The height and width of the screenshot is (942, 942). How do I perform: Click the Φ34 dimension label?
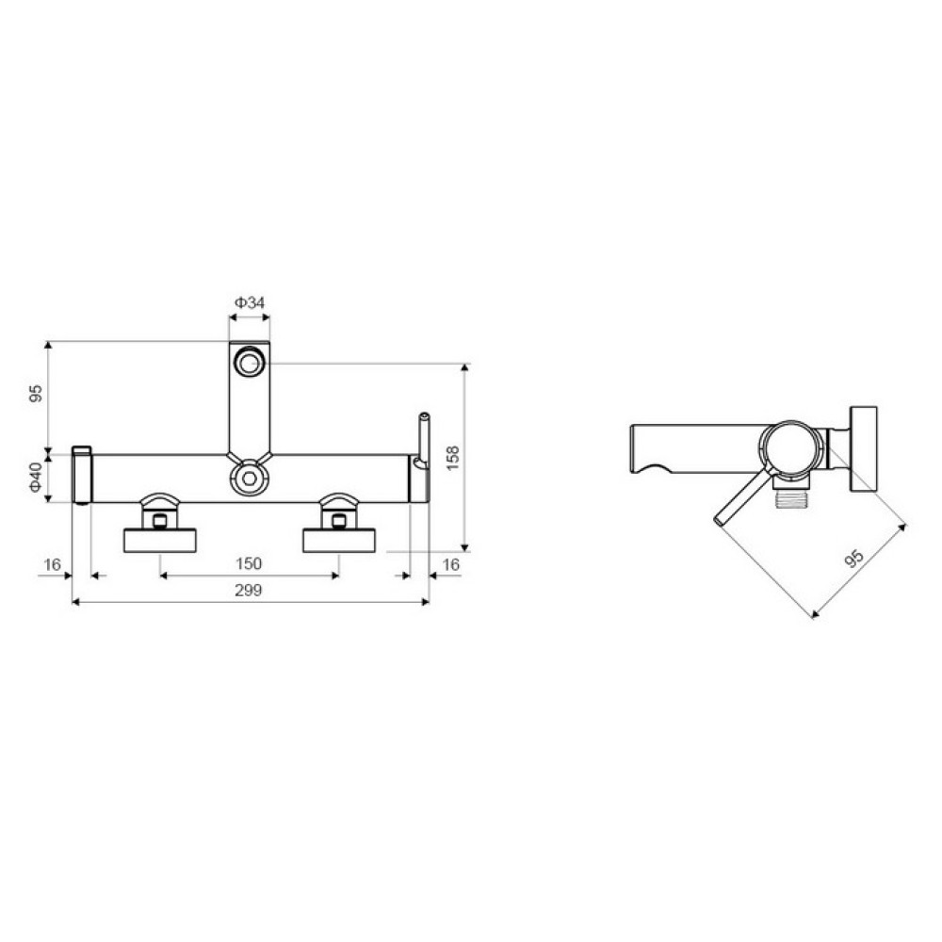[250, 302]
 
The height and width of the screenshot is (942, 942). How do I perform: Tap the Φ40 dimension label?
[37, 478]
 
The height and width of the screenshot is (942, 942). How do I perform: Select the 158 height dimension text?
[453, 458]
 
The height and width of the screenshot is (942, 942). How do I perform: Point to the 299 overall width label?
[248, 590]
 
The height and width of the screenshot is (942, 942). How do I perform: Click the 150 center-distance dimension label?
[249, 563]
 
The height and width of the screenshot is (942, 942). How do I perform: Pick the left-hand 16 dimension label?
[52, 564]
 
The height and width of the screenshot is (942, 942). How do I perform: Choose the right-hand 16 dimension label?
[450, 564]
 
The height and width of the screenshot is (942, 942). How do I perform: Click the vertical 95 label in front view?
[37, 394]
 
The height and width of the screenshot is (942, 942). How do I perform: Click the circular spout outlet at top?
[250, 363]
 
